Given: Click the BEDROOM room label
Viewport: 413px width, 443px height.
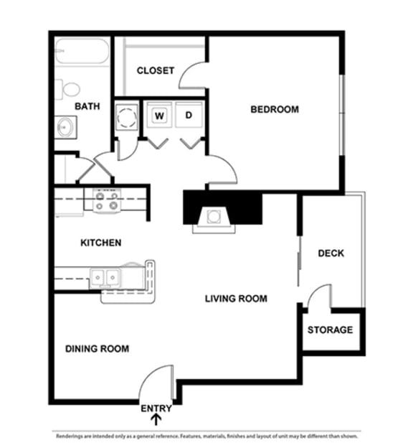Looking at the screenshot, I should tap(274, 110).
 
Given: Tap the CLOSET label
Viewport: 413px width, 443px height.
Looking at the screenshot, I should tap(155, 70).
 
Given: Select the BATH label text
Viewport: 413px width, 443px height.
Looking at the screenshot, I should tap(87, 106).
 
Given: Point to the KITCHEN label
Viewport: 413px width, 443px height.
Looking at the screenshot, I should tap(100, 243).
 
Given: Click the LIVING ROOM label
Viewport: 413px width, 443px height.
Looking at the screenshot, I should tap(236, 299).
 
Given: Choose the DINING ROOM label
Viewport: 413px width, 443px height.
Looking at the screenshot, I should tap(98, 349).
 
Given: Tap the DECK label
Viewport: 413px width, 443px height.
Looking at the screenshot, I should tap(331, 253).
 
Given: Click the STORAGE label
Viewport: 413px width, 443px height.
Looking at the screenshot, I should tap(330, 330).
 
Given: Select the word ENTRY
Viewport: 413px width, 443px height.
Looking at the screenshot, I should tap(156, 409).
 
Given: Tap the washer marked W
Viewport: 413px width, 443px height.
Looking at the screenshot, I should tap(159, 116).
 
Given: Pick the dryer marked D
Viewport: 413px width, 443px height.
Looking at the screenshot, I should tap(189, 116).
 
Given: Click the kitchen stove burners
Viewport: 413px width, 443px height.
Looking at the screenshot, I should tap(106, 200).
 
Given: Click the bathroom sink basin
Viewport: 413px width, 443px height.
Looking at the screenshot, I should tap(65, 128).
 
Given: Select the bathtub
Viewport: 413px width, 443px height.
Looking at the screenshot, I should tap(82, 52).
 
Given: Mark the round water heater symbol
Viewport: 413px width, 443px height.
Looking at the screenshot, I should tap(126, 116).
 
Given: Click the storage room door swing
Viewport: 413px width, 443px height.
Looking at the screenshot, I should tap(319, 297).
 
